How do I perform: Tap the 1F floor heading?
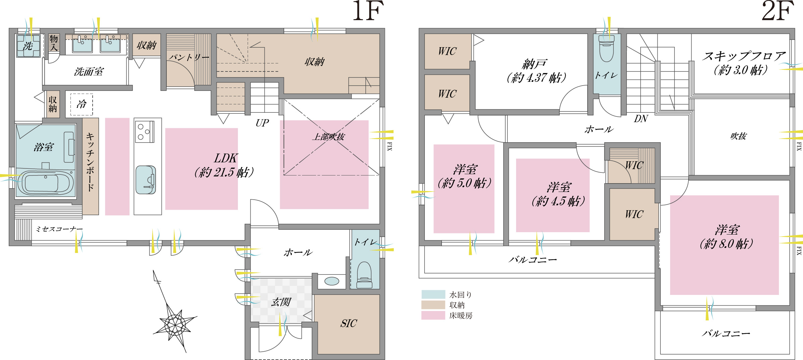368,11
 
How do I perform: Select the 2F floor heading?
778,11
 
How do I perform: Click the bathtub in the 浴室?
45,183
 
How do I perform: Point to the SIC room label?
349,323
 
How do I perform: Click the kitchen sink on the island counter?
146,180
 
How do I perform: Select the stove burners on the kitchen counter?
145,132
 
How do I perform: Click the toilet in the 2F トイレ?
607,49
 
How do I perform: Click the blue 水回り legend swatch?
433,295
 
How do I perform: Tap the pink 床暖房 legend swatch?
433,315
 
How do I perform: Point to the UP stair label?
262,123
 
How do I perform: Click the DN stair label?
641,119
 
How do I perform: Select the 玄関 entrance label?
281,302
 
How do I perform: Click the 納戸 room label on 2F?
535,64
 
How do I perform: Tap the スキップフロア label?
744,56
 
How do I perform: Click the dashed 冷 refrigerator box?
82,104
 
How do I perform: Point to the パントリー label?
189,57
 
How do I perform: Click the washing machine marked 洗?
29,46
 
